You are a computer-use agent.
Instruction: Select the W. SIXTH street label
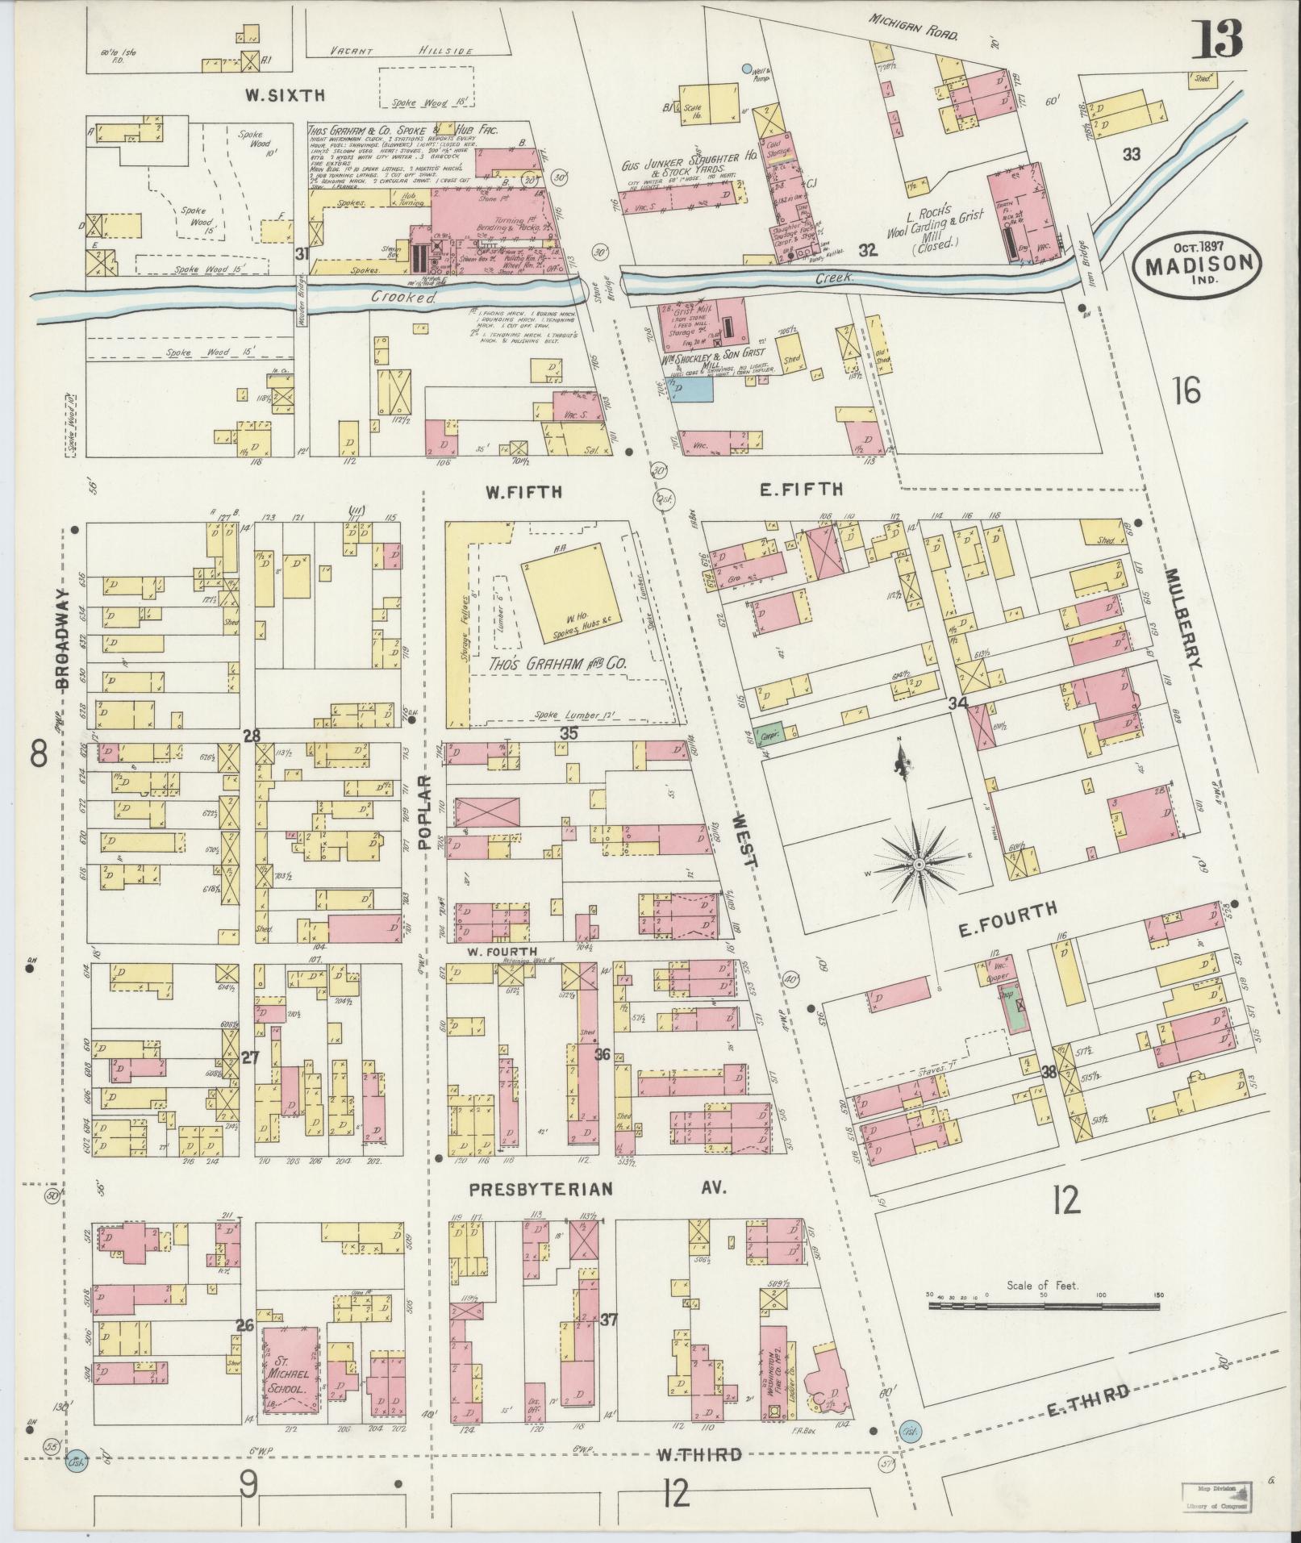285,95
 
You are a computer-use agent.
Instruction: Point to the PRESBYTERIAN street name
542,1189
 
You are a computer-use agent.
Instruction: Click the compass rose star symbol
918,865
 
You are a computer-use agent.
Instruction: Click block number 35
569,733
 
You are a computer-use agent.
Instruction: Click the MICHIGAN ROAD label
913,27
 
